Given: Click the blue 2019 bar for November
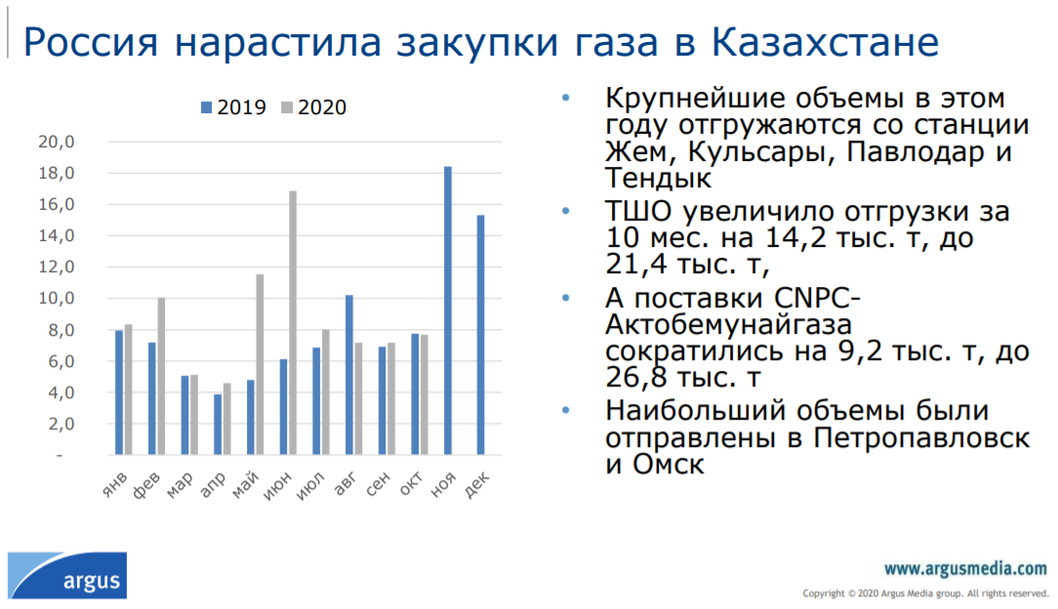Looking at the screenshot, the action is (x=448, y=310).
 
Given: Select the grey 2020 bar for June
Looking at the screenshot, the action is (x=293, y=322).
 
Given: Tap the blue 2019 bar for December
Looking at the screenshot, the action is (x=480, y=335).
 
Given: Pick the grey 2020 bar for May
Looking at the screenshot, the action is (x=260, y=364).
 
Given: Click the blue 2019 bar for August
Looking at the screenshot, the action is (x=348, y=375).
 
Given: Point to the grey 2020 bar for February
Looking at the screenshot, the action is (x=161, y=376).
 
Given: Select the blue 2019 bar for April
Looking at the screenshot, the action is (x=218, y=425).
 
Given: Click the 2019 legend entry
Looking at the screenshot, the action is (x=233, y=107).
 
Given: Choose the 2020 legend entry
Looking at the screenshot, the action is (x=313, y=107).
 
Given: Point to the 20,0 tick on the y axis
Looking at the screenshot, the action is (x=57, y=142).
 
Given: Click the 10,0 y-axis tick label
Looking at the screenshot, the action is (x=57, y=298).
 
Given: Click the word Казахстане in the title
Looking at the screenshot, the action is (x=825, y=42).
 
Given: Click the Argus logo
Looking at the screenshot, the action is (x=67, y=575).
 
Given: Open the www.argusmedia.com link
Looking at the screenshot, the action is (x=965, y=569).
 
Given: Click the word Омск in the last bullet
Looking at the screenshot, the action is (x=668, y=464).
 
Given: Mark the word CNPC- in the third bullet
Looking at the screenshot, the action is (x=817, y=298).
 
